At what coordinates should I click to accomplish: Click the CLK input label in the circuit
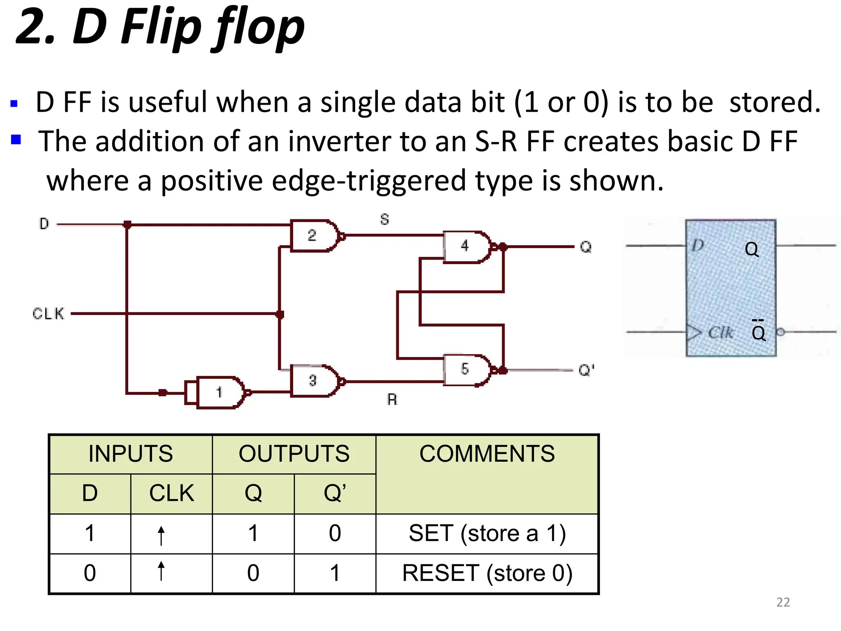coord(48,314)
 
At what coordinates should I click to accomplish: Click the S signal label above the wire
coord(384,219)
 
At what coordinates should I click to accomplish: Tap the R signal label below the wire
coord(392,399)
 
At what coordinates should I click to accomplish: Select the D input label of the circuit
coord(44,224)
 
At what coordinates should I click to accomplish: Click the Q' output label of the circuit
coord(586,370)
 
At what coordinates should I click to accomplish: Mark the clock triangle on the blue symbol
coord(694,332)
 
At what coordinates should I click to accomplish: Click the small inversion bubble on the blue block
coord(781,332)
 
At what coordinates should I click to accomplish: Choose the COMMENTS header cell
coord(487,474)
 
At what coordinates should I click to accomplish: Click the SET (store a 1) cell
coord(487,534)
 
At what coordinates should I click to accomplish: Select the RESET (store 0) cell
coord(487,573)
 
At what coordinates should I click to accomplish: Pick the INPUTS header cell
coord(131,454)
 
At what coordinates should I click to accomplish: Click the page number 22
coord(783,602)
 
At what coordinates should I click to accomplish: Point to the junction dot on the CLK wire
coord(280,315)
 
